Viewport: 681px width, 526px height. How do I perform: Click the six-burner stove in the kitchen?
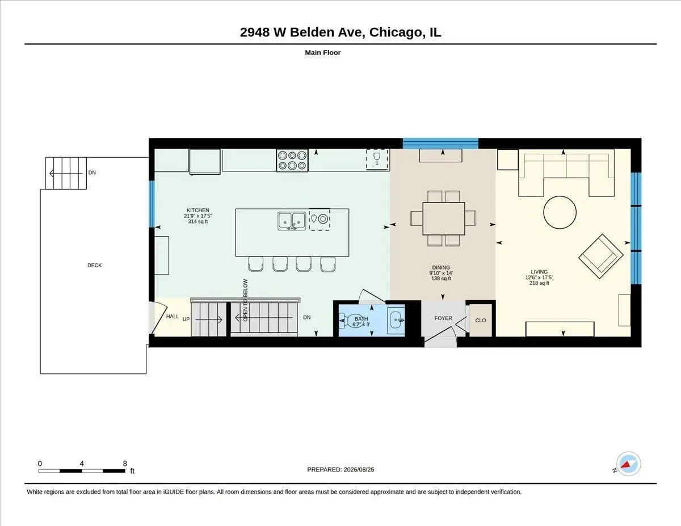pyautogui.click(x=292, y=160)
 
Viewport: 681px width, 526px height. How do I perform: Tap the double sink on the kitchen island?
pyautogui.click(x=292, y=221)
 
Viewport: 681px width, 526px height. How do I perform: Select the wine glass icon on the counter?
pyautogui.click(x=377, y=158)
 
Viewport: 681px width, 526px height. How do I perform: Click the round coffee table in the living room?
pyautogui.click(x=560, y=212)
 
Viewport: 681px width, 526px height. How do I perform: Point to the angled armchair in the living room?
pyautogui.click(x=601, y=256)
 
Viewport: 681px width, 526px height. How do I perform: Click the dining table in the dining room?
pyautogui.click(x=443, y=218)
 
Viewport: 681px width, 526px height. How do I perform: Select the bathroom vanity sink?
pyautogui.click(x=396, y=320)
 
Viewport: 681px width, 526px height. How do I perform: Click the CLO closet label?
pyautogui.click(x=481, y=321)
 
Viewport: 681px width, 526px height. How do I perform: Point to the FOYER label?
pyautogui.click(x=443, y=318)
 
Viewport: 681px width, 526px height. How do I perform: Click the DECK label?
pyautogui.click(x=94, y=266)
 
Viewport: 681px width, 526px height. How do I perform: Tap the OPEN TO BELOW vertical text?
pyautogui.click(x=245, y=300)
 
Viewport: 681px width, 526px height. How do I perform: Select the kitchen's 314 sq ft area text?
pyautogui.click(x=197, y=221)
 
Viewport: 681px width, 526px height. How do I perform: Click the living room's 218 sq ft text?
pyautogui.click(x=539, y=283)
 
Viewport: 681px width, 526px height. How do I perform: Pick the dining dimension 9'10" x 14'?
pyautogui.click(x=441, y=273)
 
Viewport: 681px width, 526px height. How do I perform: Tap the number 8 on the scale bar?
pyautogui.click(x=125, y=464)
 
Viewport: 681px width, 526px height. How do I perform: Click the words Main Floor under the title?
pyautogui.click(x=322, y=53)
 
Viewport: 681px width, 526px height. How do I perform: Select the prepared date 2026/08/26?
pyautogui.click(x=359, y=470)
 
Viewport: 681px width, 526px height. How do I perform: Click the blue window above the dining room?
pyautogui.click(x=440, y=144)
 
